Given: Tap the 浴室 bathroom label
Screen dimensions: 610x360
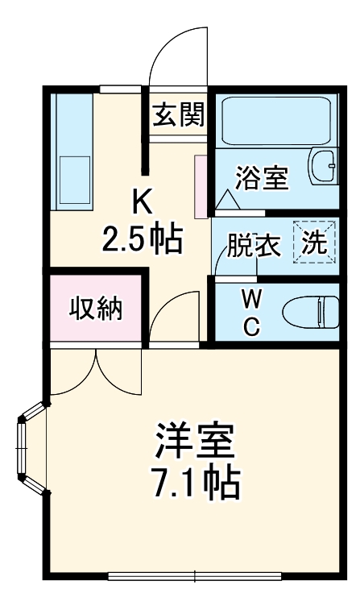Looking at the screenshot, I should click(262, 178).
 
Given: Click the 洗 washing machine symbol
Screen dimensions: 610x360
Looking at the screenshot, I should click(313, 242).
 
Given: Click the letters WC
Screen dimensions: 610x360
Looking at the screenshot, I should click(251, 313).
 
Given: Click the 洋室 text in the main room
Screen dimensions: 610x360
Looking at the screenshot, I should click(196, 441).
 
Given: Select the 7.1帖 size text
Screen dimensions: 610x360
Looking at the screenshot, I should click(196, 482).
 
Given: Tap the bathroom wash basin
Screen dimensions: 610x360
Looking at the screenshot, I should click(325, 165).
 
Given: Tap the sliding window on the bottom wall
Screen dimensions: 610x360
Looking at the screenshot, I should click(195, 575).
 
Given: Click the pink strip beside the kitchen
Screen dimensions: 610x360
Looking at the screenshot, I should click(201, 186).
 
